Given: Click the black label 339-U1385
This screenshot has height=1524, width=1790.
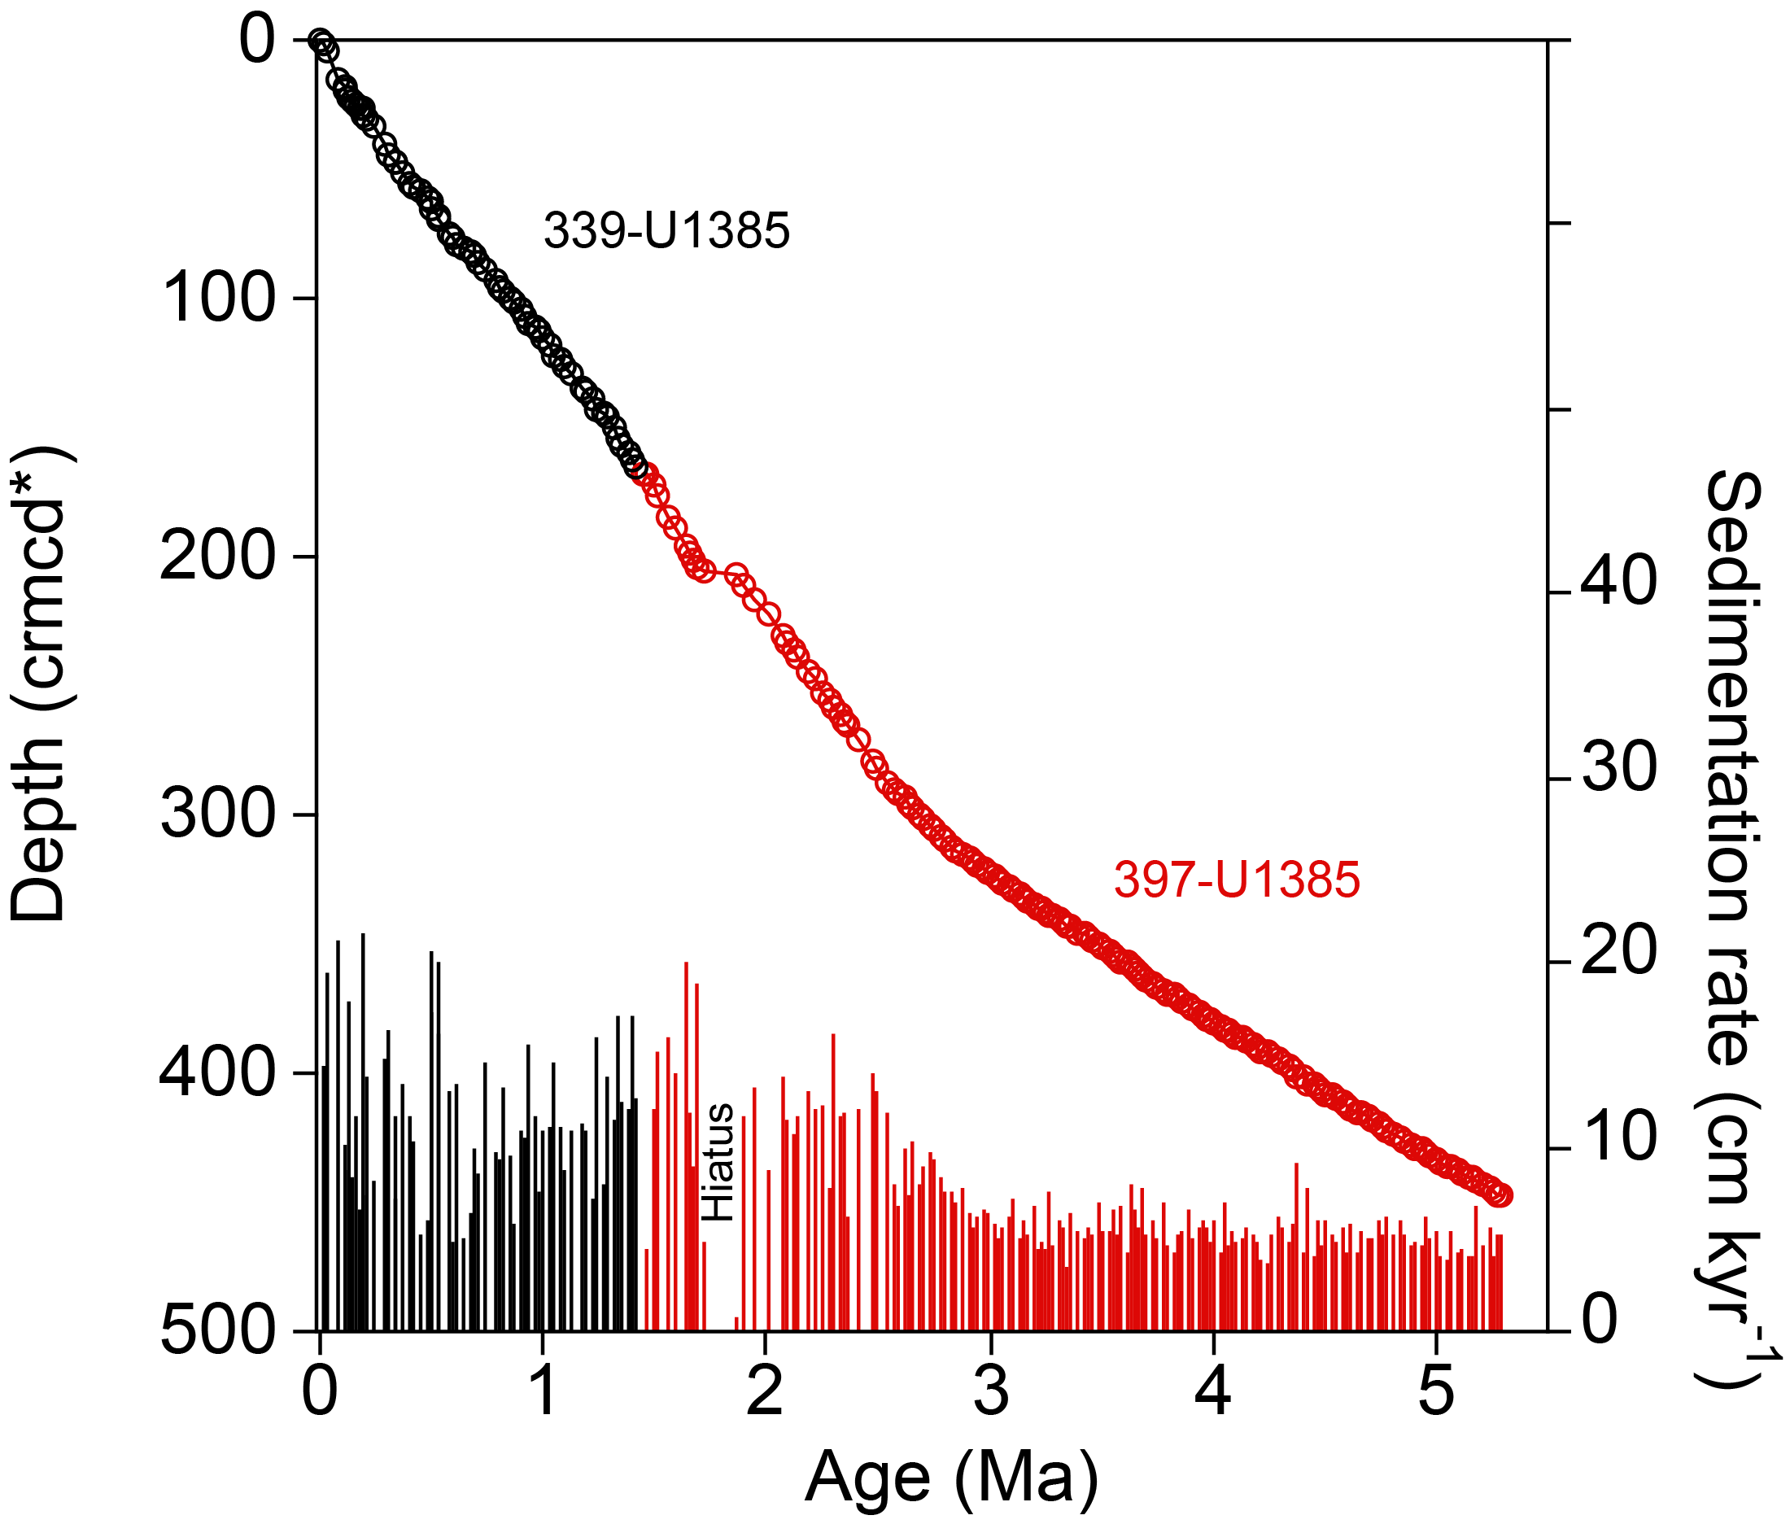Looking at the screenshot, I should [x=666, y=232].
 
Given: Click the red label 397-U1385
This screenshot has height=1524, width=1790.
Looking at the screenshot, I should [x=1237, y=880].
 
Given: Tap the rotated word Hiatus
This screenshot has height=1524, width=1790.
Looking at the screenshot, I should [x=718, y=1162].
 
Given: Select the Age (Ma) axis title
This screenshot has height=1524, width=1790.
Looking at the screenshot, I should [x=951, y=1477].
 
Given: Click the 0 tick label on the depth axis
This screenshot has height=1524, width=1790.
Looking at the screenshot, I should [x=256, y=41].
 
